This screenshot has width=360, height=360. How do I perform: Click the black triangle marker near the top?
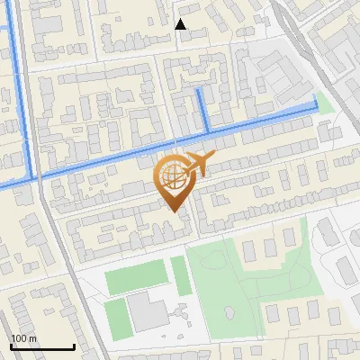pos(181,24)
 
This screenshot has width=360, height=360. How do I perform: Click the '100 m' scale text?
pos(23,338)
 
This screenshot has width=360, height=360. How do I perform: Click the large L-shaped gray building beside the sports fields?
pos(146,311)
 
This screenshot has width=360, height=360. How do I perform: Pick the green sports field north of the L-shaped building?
pos(137,279)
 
